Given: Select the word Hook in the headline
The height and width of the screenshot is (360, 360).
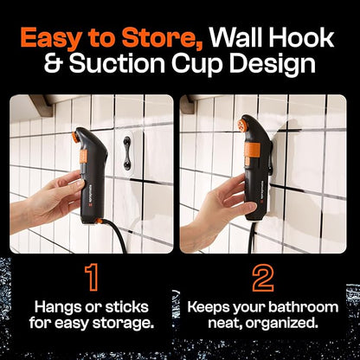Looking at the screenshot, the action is point(303,37).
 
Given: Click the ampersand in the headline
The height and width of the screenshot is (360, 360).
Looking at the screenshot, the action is point(55,63).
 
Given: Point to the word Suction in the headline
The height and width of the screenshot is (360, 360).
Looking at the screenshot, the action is point(117,63).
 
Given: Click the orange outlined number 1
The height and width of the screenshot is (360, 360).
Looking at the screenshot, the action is point(92,278).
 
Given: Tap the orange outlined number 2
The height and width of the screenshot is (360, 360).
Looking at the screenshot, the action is point(263,278).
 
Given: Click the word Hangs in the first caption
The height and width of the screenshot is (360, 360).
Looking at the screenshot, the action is point(57,308).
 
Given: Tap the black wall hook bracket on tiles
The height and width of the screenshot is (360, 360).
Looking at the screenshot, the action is point(126,153).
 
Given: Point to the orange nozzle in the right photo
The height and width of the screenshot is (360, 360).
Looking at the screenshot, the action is point(242,125).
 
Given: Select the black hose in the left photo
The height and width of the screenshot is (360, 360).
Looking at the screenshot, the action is point(114,234).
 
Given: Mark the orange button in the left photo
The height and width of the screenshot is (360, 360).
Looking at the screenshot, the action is point(83,157).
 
